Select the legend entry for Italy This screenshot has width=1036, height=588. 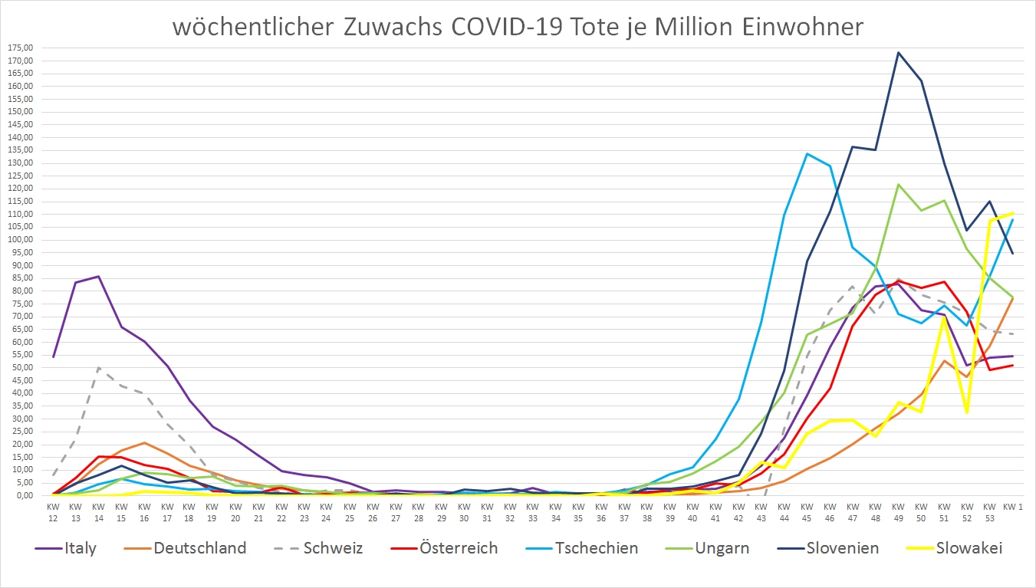[79, 548]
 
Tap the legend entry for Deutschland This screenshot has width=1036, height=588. [199, 548]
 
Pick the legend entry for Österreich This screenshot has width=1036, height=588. [457, 548]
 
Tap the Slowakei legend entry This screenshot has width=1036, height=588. [969, 548]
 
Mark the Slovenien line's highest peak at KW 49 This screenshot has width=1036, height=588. [898, 53]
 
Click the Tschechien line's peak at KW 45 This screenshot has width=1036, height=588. [807, 153]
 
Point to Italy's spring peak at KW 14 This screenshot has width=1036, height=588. [98, 276]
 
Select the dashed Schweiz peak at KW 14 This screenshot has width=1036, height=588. [98, 368]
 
